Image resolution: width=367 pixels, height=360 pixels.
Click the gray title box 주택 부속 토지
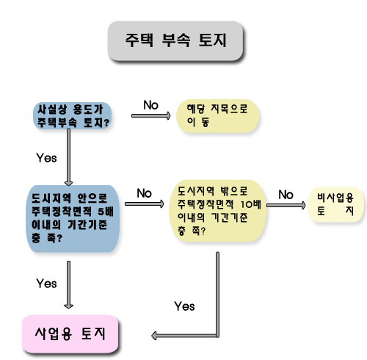click(x=175, y=41)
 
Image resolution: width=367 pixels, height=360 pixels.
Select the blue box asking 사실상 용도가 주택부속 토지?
click(x=73, y=115)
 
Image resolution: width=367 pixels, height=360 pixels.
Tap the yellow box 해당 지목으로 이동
click(x=217, y=116)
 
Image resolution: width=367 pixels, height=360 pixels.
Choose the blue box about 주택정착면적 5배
click(x=73, y=219)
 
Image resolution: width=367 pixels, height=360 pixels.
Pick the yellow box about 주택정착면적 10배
click(x=217, y=211)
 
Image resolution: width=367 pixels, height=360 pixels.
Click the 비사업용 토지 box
click(x=335, y=205)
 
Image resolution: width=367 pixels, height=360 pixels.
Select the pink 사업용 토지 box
click(x=70, y=334)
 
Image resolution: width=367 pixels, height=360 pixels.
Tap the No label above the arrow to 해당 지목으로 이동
click(x=150, y=105)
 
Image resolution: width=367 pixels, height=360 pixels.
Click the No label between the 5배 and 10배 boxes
click(x=144, y=193)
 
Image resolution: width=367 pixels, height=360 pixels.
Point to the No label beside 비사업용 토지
click(x=286, y=195)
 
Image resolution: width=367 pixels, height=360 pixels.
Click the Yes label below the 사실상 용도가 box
click(x=46, y=158)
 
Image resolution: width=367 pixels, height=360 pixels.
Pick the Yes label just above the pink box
click(x=46, y=284)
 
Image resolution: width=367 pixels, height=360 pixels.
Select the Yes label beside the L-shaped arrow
click(x=184, y=306)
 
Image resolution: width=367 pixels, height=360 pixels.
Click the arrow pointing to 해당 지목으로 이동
click(x=151, y=115)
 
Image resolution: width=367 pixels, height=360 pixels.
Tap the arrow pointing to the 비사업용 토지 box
click(x=286, y=205)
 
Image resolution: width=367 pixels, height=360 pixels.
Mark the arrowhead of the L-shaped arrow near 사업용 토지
click(x=153, y=336)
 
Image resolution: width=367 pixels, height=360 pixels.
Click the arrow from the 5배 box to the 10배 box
click(x=145, y=204)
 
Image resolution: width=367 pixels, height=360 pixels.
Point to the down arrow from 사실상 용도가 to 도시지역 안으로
click(x=68, y=157)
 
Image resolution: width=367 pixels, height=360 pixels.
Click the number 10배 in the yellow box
click(x=251, y=204)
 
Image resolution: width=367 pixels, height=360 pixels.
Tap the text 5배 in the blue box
click(x=106, y=212)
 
